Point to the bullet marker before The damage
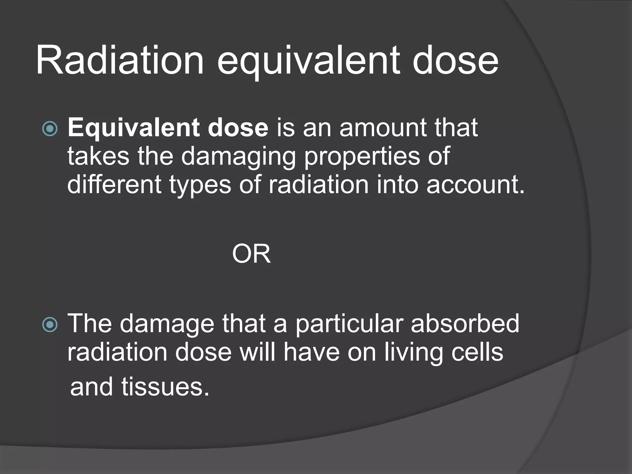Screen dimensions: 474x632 coord(50,325)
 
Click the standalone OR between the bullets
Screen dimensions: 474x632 coord(251,254)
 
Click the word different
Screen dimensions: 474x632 coord(114,185)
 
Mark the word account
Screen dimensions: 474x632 coord(475,185)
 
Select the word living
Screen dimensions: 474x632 coord(414,353)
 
